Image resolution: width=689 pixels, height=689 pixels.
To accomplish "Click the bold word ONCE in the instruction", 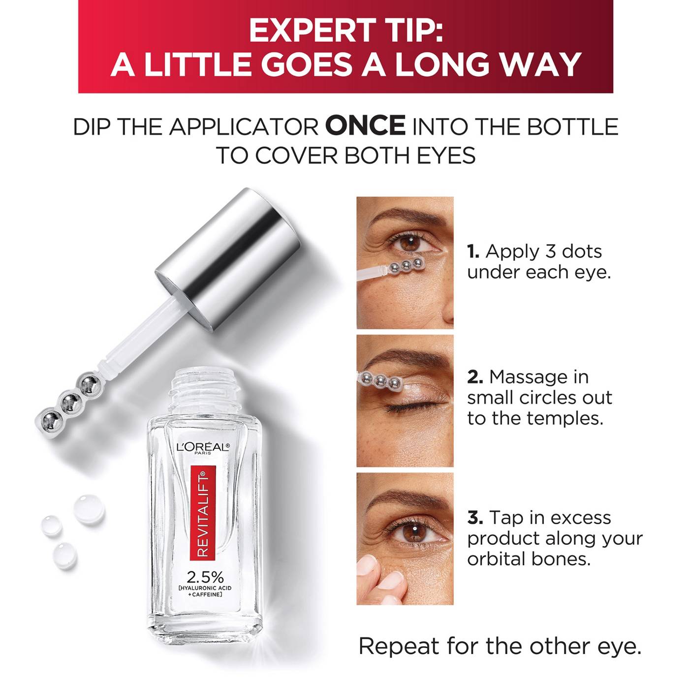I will tap(365, 126).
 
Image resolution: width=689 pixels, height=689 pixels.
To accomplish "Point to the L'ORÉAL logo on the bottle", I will tap(203, 447).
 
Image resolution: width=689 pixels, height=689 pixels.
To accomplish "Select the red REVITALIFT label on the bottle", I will tap(203, 514).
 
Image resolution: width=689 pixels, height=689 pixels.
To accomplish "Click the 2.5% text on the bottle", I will tap(205, 577).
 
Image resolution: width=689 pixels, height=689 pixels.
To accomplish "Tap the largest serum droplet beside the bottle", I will tap(89, 509).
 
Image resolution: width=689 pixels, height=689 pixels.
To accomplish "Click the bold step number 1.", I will tap(473, 251).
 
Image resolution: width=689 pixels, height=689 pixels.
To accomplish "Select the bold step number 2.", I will tap(474, 377).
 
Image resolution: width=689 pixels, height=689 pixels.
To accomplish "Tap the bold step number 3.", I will tap(474, 518).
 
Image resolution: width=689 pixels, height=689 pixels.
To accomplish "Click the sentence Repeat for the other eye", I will tap(500, 646).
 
